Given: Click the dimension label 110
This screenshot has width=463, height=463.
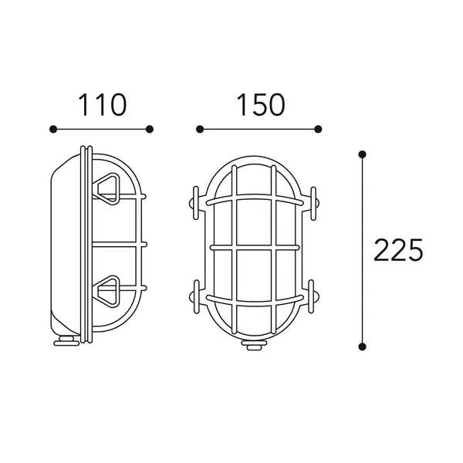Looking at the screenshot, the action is pyautogui.click(x=103, y=105).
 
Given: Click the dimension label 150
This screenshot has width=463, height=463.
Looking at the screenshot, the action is pyautogui.click(x=261, y=105).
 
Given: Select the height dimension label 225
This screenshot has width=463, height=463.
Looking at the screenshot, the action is pyautogui.click(x=398, y=250).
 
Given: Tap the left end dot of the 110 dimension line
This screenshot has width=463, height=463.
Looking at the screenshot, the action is pyautogui.click(x=53, y=129).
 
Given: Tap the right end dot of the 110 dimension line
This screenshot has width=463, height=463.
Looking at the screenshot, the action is pyautogui.click(x=150, y=129).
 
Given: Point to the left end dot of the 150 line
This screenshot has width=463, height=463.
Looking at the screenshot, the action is pyautogui.click(x=200, y=129).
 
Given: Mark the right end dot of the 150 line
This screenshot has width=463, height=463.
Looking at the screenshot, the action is pyautogui.click(x=318, y=129).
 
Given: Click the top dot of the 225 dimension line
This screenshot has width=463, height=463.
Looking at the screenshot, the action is pyautogui.click(x=362, y=154).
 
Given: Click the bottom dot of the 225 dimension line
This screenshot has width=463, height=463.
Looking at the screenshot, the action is pyautogui.click(x=362, y=346).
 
